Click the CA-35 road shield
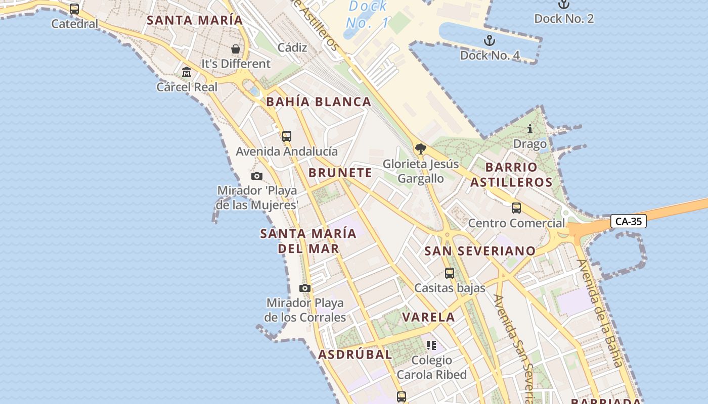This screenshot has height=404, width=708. point(629,221)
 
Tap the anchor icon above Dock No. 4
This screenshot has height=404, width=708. point(489,40)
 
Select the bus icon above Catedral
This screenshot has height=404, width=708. point(74,9)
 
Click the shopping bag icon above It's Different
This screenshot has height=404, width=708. point(236,49)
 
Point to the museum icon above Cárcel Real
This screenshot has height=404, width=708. point(187,72)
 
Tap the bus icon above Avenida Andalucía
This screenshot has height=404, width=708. point(287,136)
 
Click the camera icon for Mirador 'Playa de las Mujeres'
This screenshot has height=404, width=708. point(257,176)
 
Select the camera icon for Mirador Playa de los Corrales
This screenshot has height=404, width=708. point(304,288)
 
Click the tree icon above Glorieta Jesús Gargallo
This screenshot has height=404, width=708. point(420,148)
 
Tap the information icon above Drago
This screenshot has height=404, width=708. point(530,129)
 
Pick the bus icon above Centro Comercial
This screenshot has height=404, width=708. point(516,208)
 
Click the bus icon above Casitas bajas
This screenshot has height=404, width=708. point(450,273)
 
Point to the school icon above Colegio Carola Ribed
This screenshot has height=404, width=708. point(431,345)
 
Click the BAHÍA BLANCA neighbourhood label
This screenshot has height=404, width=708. point(319,102)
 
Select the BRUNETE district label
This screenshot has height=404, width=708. point(340,173)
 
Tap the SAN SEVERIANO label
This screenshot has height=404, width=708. point(479,251)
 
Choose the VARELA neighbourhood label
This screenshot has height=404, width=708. point(428,317)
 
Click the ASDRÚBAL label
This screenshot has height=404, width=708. point(355,355)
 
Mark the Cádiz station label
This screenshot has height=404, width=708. point(292,47)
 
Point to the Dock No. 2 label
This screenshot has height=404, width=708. point(564,19)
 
